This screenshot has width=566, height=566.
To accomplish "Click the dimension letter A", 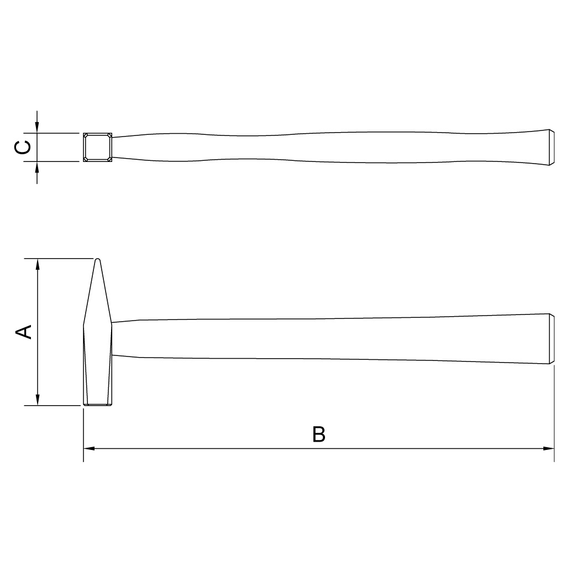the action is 24,332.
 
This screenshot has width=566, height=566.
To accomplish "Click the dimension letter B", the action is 319,434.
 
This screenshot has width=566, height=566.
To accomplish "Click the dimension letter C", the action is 22,147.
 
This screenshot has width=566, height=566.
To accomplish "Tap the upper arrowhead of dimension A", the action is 38,264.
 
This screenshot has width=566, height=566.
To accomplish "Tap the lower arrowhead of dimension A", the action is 38,400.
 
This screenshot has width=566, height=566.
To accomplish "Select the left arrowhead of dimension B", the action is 89,448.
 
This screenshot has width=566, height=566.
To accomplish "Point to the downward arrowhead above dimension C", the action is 37,127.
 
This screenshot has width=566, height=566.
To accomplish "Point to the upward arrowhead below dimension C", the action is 37,167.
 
